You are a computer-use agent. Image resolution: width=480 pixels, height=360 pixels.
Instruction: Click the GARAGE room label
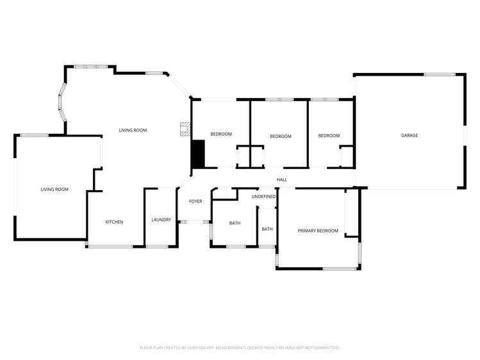tap(409, 135)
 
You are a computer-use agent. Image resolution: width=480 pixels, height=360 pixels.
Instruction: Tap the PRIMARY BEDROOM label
tap(317, 231)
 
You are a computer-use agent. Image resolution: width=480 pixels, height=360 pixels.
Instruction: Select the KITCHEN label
tap(114, 222)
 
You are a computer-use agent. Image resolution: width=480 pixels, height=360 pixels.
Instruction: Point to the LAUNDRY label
tap(161, 220)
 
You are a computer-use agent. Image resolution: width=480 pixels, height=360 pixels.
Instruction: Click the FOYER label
tap(195, 201)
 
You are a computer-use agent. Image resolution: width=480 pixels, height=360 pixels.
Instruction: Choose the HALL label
tap(281, 179)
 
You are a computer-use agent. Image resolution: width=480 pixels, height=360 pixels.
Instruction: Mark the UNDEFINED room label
tap(263, 197)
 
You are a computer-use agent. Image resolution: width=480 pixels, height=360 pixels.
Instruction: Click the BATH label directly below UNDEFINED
tap(267, 229)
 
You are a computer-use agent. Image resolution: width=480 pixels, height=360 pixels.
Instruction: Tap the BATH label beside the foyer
tap(235, 223)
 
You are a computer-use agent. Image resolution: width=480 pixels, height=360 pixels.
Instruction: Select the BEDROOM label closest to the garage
tap(329, 136)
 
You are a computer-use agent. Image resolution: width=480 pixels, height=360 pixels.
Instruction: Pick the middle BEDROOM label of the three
tap(280, 136)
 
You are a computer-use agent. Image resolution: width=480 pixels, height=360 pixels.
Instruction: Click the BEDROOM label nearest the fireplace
tap(221, 134)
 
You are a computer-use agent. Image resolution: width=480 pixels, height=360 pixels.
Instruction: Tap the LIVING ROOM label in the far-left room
tap(54, 190)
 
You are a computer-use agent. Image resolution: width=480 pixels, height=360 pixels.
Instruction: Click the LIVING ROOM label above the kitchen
tap(133, 130)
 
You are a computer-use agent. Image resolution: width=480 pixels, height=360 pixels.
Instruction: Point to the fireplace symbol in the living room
tap(185, 129)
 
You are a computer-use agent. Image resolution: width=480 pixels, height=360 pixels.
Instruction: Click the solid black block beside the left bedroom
tap(198, 154)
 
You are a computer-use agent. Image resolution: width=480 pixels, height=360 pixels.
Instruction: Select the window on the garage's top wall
tap(440, 74)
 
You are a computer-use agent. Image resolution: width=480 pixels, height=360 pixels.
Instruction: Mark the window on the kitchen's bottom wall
tap(110, 246)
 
